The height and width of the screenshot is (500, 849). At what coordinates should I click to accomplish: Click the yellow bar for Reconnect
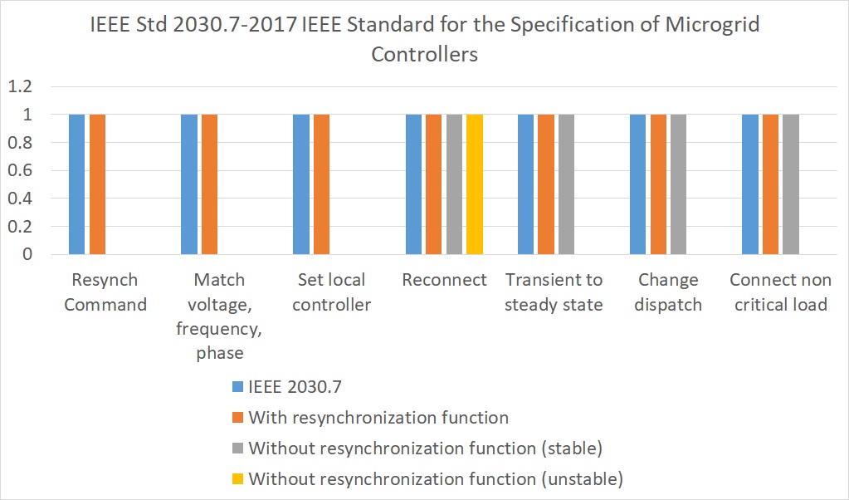pos(474,184)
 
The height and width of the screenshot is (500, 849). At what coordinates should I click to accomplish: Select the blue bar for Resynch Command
pos(76,184)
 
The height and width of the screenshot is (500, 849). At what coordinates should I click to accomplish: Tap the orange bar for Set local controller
pos(321,184)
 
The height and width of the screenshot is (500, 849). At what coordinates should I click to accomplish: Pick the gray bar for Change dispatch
pos(678,184)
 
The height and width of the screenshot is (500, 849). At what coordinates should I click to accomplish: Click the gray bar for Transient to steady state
pos(566,184)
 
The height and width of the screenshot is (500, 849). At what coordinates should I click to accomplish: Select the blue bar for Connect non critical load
pos(750,184)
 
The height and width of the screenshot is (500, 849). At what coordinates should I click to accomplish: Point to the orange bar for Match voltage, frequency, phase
pos(209,184)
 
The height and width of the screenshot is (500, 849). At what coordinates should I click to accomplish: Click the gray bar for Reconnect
pos(454,184)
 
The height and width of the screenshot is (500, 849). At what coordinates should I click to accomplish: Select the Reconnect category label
pos(444,280)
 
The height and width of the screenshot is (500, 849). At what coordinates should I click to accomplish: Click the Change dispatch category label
pos(668,292)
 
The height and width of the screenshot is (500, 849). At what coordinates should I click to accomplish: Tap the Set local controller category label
pos(332,292)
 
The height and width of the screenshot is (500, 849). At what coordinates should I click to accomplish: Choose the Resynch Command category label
pos(105,292)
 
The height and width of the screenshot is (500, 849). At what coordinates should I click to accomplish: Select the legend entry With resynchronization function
pos(378,417)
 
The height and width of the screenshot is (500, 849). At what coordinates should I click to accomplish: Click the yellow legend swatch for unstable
pos(238,479)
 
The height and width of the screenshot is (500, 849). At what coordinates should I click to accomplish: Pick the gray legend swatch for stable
pos(238,449)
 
